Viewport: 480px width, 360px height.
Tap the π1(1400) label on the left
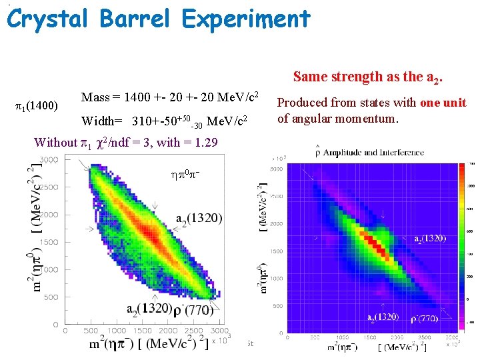[37, 105]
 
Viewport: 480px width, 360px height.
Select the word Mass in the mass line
[95, 98]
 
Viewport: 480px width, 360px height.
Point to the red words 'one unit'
[443, 103]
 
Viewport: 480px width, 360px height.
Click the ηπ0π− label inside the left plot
[185, 174]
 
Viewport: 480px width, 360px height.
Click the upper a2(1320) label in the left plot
[199, 218]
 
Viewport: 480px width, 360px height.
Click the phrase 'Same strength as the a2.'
[367, 77]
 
